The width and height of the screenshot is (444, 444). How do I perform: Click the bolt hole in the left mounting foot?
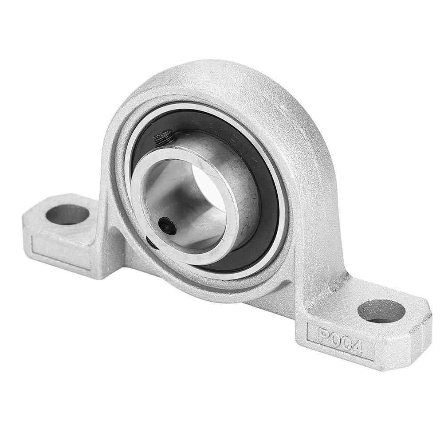[x=67, y=215]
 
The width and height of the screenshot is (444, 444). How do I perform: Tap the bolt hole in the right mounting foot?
[x=381, y=311]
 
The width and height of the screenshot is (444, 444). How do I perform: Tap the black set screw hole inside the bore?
[x=168, y=225]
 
